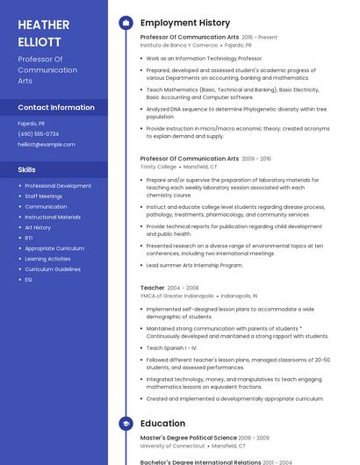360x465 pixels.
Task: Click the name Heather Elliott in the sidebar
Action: (x=44, y=33)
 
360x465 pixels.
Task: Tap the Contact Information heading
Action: (x=56, y=107)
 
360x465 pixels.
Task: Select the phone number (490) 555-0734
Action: (x=39, y=134)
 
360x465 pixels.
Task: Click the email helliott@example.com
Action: (x=47, y=145)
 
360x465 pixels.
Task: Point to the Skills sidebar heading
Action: (x=27, y=169)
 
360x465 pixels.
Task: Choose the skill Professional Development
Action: (x=58, y=186)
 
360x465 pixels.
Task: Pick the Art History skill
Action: (x=38, y=227)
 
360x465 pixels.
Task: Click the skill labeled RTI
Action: (x=29, y=238)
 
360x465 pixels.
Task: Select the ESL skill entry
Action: (x=29, y=280)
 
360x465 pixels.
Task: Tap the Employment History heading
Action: (x=185, y=23)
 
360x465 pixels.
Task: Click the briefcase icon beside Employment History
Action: (x=126, y=23)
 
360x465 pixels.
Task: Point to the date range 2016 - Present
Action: (x=259, y=38)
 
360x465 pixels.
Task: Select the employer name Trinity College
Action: (x=158, y=166)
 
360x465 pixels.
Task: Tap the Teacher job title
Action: (x=152, y=288)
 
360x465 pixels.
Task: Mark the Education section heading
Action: (x=162, y=423)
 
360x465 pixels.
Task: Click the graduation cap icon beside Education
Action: (x=126, y=423)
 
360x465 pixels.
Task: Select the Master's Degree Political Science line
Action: (x=189, y=438)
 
